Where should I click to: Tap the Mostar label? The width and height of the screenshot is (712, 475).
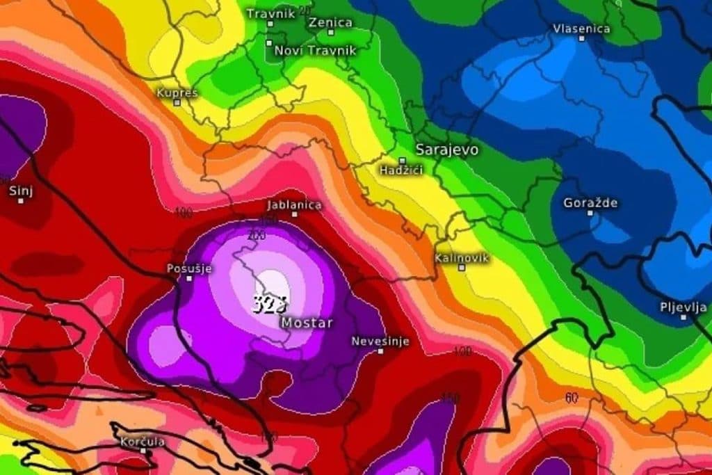coord(307,323)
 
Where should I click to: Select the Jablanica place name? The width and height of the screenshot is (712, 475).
coord(295,204)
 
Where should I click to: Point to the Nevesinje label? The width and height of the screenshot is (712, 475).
coord(380,341)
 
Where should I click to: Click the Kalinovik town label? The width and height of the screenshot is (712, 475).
coord(462,258)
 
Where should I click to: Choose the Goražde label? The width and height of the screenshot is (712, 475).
coord(590,203)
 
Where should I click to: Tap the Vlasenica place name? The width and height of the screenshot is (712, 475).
coord(581,29)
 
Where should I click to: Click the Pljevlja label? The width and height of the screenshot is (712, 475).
coord(683,307)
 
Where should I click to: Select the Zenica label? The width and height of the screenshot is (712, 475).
coord(330,22)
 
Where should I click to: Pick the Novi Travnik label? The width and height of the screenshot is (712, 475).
coord(315,50)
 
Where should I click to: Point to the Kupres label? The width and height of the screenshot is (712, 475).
coord(177,92)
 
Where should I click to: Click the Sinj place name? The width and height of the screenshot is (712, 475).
coord(21,190)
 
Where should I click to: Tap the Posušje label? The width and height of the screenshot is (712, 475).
coord(188,268)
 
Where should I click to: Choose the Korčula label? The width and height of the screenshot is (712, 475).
coord(143,441)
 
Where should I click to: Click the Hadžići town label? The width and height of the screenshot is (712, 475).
coord(401,170)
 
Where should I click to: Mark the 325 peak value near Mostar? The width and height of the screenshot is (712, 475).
coord(270,304)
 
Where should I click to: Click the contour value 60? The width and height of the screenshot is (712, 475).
coord(572,397)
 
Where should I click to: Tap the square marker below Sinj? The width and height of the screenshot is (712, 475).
coord(21,201)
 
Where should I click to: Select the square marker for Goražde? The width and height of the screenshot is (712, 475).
coord(590,213)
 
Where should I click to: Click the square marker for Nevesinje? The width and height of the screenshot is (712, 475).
coord(380,351)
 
